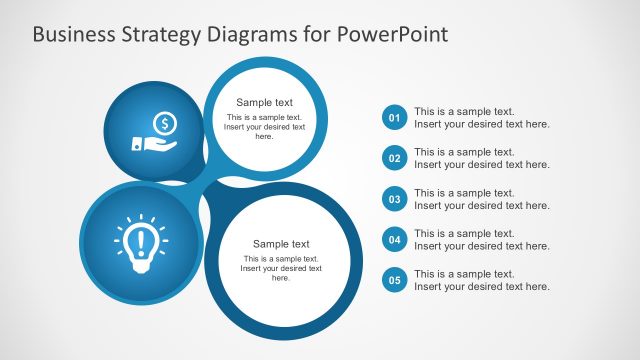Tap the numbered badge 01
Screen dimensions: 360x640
(x=395, y=119)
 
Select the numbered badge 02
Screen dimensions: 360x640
(x=395, y=159)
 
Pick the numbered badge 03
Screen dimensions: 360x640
(x=395, y=199)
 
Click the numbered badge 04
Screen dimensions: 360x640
(x=395, y=240)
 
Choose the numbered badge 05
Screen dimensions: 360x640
(x=395, y=280)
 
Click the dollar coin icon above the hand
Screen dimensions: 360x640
(x=166, y=123)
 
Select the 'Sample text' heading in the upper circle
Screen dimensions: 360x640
(x=264, y=102)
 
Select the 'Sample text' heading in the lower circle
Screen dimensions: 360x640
(x=281, y=244)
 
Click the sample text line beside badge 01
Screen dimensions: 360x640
(x=481, y=118)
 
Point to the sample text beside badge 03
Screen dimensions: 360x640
(x=481, y=199)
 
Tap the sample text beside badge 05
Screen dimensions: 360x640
(x=481, y=280)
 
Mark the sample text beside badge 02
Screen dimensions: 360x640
(x=481, y=158)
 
